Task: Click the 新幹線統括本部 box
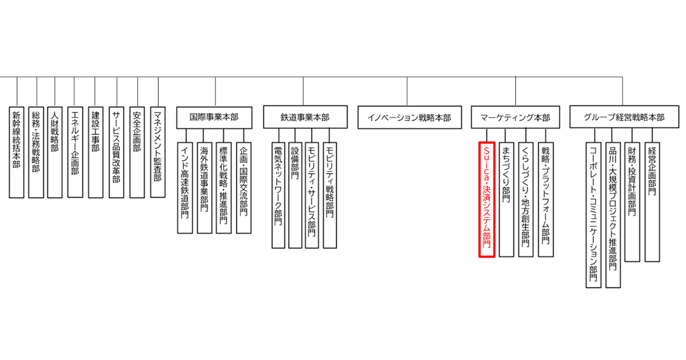(17, 151)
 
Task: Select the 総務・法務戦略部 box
(36, 151)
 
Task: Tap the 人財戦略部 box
(55, 151)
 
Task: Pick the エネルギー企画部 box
(74, 151)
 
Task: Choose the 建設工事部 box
(95, 151)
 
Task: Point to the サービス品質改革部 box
(117, 151)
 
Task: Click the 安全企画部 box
(137, 151)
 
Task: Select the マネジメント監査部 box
(158, 151)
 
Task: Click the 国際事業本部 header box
(214, 117)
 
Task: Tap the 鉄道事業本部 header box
(305, 117)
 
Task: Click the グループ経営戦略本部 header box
(624, 117)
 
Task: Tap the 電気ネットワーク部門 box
(278, 194)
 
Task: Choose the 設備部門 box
(295, 194)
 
